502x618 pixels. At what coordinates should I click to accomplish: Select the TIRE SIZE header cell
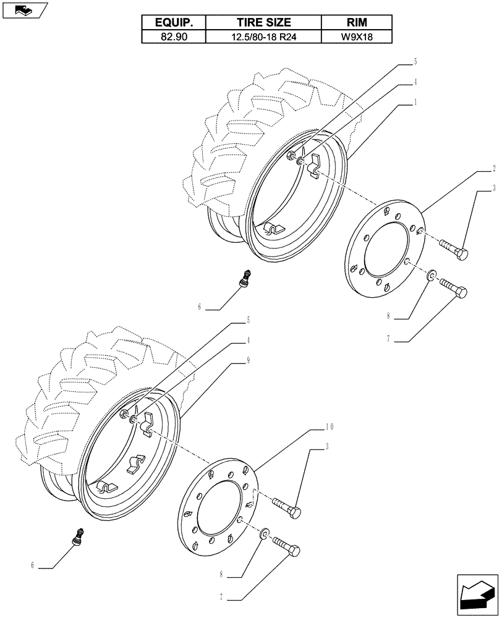[x=263, y=22]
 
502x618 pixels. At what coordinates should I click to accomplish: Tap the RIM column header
[x=357, y=22]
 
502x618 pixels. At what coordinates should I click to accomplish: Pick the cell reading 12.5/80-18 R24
[x=263, y=36]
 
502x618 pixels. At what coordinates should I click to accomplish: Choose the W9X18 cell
[x=357, y=36]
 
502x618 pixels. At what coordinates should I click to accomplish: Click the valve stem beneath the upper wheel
[x=245, y=277]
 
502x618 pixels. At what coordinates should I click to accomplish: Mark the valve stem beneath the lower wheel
[x=79, y=534]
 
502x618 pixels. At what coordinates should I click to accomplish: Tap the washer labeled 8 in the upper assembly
[x=430, y=273]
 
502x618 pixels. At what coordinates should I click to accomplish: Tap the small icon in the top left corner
[x=25, y=10]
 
